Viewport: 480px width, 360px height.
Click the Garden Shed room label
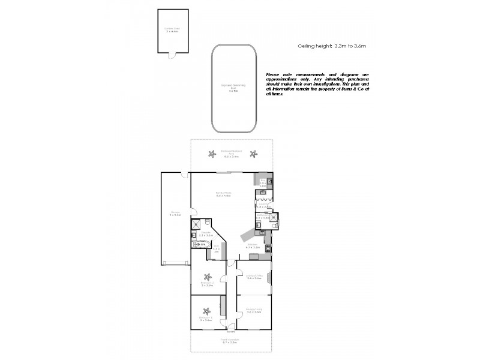click(x=173, y=29)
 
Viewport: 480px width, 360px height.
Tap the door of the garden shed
click(x=172, y=56)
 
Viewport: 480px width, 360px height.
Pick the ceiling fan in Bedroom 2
click(x=208, y=277)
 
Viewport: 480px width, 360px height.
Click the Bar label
click(x=263, y=181)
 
